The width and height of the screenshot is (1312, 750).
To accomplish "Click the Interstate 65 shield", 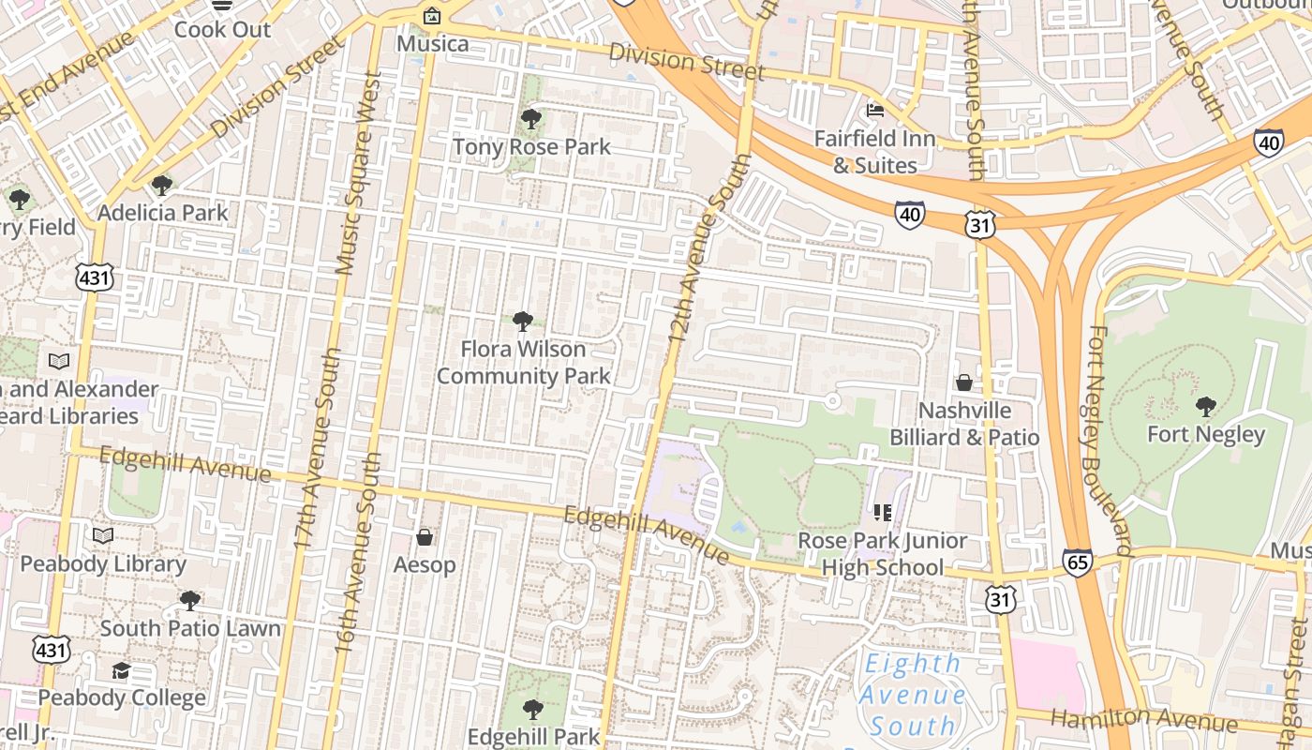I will [x=1078, y=562].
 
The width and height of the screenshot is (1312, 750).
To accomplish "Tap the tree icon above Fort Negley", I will [x=1206, y=407].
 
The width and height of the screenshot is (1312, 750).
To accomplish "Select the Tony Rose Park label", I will [x=531, y=147].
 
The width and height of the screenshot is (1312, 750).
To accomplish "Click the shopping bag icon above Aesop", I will [x=425, y=537].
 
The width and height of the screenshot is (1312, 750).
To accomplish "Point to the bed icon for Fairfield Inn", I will [x=875, y=111].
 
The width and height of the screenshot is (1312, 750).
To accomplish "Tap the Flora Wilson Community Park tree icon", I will [x=523, y=322].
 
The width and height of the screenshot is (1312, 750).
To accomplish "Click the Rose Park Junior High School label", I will [x=882, y=554].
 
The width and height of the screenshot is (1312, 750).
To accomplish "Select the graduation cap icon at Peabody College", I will [x=121, y=670].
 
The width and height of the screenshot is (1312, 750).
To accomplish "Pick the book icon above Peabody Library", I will [x=103, y=535].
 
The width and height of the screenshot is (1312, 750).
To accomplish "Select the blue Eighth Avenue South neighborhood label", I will [x=912, y=695].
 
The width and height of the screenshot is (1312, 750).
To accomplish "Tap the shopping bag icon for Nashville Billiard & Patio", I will [x=963, y=382].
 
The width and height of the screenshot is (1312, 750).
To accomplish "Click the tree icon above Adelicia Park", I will [x=162, y=185].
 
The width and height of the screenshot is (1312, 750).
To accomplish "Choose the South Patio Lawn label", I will [x=190, y=628].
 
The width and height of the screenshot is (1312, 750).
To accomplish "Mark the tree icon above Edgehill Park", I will [x=532, y=709].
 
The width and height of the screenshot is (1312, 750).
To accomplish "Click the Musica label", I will [x=432, y=44].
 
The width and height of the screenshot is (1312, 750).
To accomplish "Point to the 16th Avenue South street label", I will [x=358, y=553].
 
